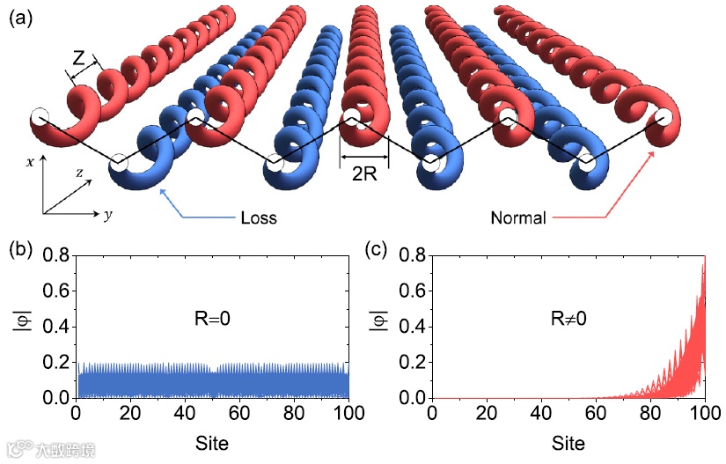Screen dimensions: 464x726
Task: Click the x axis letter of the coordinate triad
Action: tap(30, 162)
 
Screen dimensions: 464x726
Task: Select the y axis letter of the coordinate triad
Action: tap(107, 215)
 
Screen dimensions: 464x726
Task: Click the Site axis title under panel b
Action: tap(212, 443)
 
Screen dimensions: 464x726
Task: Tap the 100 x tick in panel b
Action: tap(348, 415)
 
